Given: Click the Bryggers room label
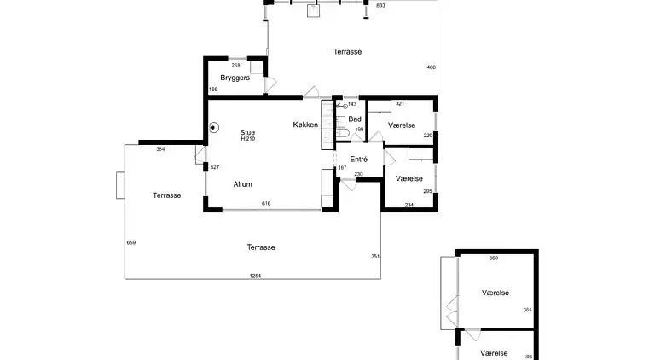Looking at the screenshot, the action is (x=235, y=78).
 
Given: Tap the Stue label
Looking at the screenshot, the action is (x=247, y=132).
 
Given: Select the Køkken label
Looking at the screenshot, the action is (x=305, y=125).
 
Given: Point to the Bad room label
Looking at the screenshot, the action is (x=355, y=119).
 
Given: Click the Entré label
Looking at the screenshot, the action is (x=359, y=160).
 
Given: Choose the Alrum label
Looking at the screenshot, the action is (x=243, y=184).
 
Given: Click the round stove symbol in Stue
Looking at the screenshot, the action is (x=213, y=127).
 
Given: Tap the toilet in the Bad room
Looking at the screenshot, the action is (x=343, y=133).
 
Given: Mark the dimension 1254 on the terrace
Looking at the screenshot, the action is (x=255, y=276).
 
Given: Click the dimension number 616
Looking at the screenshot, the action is (x=266, y=203).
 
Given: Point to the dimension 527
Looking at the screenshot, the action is (x=215, y=167).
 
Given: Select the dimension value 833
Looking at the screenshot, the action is (x=380, y=5).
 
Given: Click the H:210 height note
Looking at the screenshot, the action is (x=247, y=139).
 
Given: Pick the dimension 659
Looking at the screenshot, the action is (x=131, y=242).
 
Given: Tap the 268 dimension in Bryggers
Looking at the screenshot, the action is (x=235, y=65).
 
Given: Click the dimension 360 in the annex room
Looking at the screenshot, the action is (x=493, y=258).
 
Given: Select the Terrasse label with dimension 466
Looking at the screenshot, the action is (x=348, y=52).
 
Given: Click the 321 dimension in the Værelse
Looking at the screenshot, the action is (x=400, y=103).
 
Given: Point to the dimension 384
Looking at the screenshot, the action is (x=160, y=149).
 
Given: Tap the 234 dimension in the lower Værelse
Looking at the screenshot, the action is (x=409, y=205).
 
